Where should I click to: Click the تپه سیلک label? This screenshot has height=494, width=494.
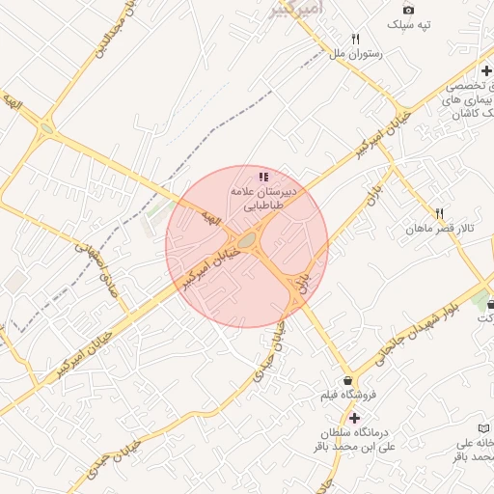408,24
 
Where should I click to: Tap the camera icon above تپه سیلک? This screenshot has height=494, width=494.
408,10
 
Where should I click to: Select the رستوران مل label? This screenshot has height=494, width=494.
357,54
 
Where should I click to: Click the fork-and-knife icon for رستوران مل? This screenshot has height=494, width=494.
356,39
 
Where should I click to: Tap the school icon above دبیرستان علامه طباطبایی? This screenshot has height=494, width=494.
263,177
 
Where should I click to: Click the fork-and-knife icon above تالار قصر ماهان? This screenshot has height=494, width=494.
439,213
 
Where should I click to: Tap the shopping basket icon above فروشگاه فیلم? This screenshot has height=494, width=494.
347,380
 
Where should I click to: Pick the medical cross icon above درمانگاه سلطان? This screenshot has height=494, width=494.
355,418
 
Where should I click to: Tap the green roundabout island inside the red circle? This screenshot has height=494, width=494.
248,239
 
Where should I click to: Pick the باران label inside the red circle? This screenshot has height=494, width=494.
305,281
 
